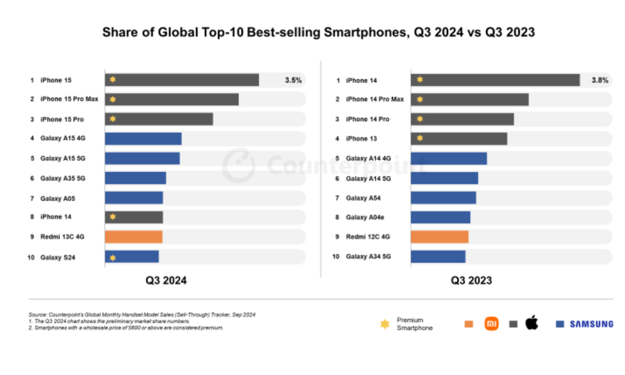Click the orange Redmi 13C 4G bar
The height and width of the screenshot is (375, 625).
coord(133,237)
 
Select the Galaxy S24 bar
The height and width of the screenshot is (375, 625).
coord(132,257)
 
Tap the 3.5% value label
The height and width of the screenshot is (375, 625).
coord(293,80)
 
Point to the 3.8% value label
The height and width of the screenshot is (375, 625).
coord(599,80)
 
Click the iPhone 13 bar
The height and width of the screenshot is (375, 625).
coord(458,138)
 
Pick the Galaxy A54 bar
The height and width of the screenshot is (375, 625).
coord(443,198)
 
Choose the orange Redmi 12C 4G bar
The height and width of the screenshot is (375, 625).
coord(439,237)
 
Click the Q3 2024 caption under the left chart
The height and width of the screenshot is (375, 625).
coord(166,281)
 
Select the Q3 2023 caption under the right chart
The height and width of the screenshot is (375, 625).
coord(471,281)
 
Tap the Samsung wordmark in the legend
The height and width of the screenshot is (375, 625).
coord(592,324)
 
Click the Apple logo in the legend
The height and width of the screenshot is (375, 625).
coord(531,323)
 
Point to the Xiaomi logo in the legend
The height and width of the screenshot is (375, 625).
coord(491,324)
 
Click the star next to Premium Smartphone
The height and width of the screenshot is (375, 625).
coord(385,324)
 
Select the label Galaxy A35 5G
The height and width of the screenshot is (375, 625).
coord(63,178)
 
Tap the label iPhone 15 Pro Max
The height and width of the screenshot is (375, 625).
coord(69,99)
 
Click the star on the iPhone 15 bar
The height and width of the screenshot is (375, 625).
coord(113,80)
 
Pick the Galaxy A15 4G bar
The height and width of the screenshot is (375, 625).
coord(143,139)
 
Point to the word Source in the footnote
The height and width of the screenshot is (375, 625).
coord(38,314)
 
